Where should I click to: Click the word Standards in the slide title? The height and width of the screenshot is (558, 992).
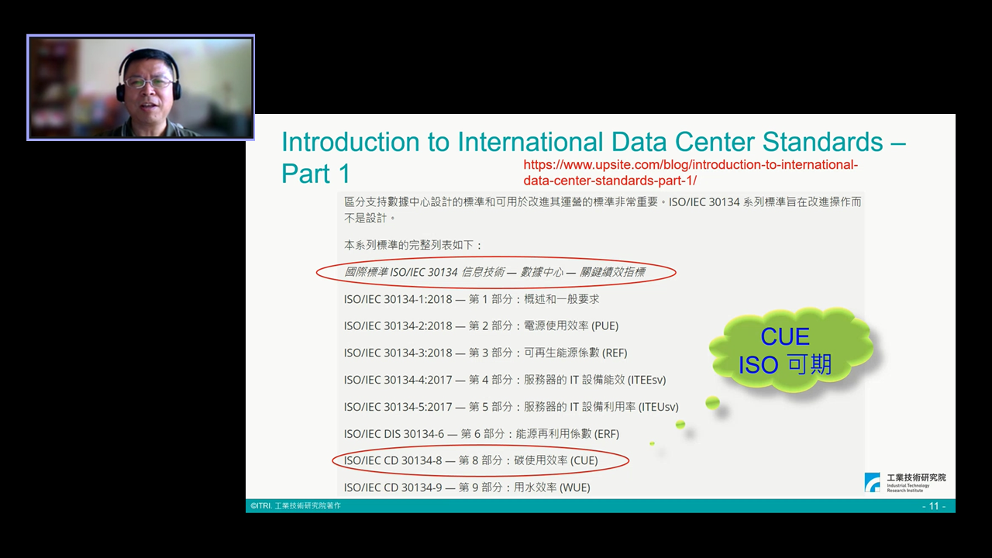tap(823, 142)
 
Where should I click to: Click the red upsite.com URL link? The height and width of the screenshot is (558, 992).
tap(691, 173)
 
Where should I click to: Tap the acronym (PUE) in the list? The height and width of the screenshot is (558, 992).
tap(605, 326)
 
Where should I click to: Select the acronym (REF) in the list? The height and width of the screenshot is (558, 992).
tap(615, 353)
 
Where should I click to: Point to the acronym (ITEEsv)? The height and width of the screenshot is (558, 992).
tap(647, 380)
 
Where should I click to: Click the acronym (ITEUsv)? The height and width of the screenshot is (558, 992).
tap(659, 407)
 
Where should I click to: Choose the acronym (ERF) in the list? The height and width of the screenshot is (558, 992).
tap(607, 434)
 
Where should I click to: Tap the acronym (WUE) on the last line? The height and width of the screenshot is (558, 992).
tap(575, 487)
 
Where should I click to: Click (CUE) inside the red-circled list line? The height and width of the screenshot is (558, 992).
tap(584, 460)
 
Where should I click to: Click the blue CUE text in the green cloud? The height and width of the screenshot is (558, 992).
tap(785, 336)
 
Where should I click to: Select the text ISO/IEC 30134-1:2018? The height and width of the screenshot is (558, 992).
tap(398, 299)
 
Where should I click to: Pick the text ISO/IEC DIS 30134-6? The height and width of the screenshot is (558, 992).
tap(394, 434)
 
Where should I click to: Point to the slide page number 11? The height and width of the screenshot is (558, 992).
tap(934, 506)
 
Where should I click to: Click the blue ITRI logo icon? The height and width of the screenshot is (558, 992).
tap(872, 482)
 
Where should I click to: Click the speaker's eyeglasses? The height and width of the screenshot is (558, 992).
tap(148, 82)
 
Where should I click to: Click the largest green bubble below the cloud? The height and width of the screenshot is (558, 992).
tap(712, 402)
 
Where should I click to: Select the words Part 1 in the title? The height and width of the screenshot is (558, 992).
tap(315, 173)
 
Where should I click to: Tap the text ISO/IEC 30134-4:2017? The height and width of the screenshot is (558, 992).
tap(398, 380)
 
